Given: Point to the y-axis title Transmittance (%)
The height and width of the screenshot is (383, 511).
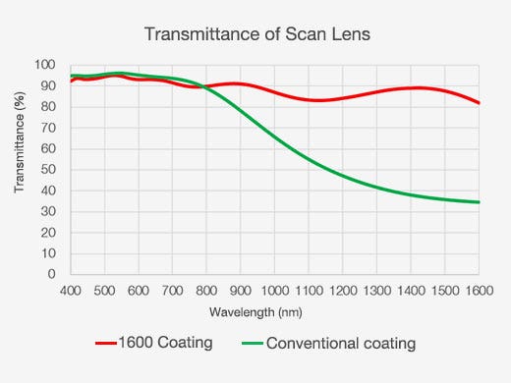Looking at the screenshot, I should pyautogui.click(x=19, y=169).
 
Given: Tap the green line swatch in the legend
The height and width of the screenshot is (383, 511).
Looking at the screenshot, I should pyautogui.click(x=250, y=344).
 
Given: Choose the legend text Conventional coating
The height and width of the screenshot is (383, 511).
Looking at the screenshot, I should pyautogui.click(x=340, y=344).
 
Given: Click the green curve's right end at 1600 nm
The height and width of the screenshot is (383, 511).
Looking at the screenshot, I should pyautogui.click(x=479, y=202).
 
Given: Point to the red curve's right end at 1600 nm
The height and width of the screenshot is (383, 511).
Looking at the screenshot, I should pyautogui.click(x=479, y=103).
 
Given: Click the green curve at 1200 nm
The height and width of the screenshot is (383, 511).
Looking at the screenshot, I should pyautogui.click(x=343, y=175).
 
